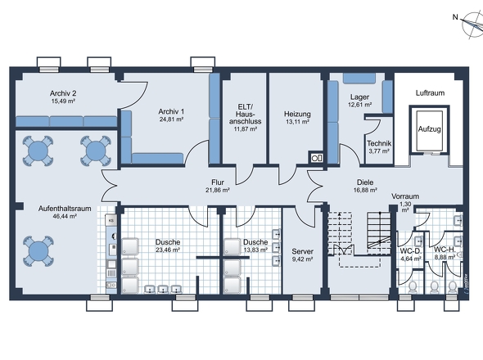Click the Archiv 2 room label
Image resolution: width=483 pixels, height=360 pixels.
pos(63,93)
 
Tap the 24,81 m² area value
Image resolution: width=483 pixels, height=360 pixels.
pos(171,119)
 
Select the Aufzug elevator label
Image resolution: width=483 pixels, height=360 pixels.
pos(429,129)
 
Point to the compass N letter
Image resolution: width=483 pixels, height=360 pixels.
pos(455,17)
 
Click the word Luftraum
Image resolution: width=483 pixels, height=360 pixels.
pos(430,92)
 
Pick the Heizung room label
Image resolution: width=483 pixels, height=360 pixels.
pos(297,115)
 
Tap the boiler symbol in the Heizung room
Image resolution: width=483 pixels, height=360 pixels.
pos(316,158)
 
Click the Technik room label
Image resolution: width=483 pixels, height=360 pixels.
pos(379,143)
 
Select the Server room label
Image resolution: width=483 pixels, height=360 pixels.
pos(303,252)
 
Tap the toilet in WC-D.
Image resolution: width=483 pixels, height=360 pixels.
pos(412,287)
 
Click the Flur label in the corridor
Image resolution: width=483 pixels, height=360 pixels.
pos(218,182)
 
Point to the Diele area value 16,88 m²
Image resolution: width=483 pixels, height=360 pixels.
pos(365,190)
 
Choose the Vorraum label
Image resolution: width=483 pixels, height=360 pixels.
pos(405,196)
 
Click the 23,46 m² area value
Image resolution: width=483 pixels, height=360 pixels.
pos(168,250)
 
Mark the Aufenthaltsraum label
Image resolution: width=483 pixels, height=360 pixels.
pos(65,209)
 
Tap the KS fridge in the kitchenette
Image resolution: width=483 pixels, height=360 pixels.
pos(111,220)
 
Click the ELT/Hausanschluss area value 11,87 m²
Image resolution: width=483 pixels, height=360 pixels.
pos(246,128)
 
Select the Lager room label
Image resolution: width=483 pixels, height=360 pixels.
pos(359,97)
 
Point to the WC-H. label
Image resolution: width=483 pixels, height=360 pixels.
pos(445,250)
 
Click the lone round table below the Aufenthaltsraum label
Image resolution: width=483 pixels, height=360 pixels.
pos(38,251)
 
